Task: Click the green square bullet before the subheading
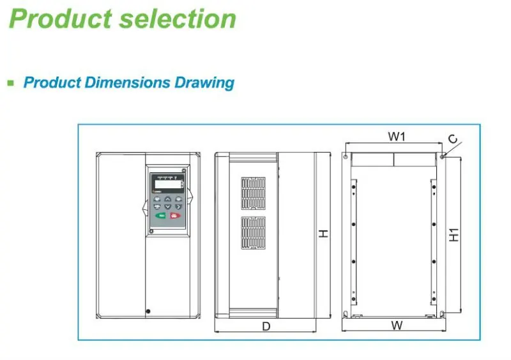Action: point(10,82)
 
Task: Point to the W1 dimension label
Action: point(398,136)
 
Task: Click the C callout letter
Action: point(452,139)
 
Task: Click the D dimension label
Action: point(266,326)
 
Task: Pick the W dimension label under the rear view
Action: point(397,325)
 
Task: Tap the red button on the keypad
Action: point(175,216)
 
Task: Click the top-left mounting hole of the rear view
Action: point(346,156)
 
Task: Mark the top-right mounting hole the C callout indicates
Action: point(442,156)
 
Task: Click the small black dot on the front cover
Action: point(148,312)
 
